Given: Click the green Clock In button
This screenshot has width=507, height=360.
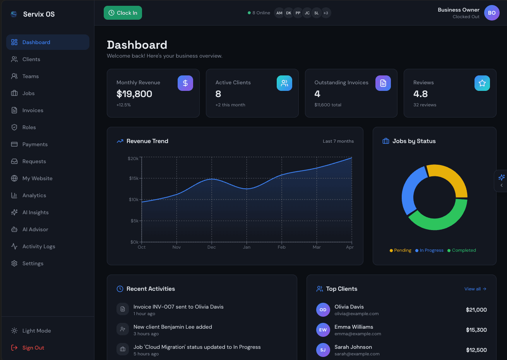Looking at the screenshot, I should pos(123,13).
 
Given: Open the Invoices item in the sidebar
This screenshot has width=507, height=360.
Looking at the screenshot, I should pos(33,110).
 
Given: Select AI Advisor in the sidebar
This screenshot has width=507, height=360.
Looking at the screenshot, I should pos(35,229).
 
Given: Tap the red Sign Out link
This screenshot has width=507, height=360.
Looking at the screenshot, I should pos(33,348).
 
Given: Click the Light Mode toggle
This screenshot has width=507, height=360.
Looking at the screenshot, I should pos(36,331).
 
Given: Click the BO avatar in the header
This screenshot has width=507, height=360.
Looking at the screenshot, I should pos(492,13).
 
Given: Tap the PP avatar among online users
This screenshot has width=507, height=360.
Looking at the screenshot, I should pos(298,13).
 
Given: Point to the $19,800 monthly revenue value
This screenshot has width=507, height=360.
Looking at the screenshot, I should pos(134,94).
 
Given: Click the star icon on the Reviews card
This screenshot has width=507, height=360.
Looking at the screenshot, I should pos(482,83).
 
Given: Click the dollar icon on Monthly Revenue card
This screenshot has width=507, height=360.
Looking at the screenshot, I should pos(185,83).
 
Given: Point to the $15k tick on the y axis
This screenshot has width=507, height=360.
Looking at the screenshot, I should pos(134,178).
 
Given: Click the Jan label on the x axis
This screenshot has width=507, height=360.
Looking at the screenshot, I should pos(247,247).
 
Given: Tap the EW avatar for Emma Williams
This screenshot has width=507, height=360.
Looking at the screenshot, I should pos(323,330).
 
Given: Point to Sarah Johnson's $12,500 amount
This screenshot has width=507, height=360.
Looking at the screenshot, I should pos(476,350).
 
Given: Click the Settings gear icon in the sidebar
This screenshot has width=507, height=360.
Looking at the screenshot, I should pos(14,263).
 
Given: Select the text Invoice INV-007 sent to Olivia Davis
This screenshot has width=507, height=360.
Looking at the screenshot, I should pos(178,307).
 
